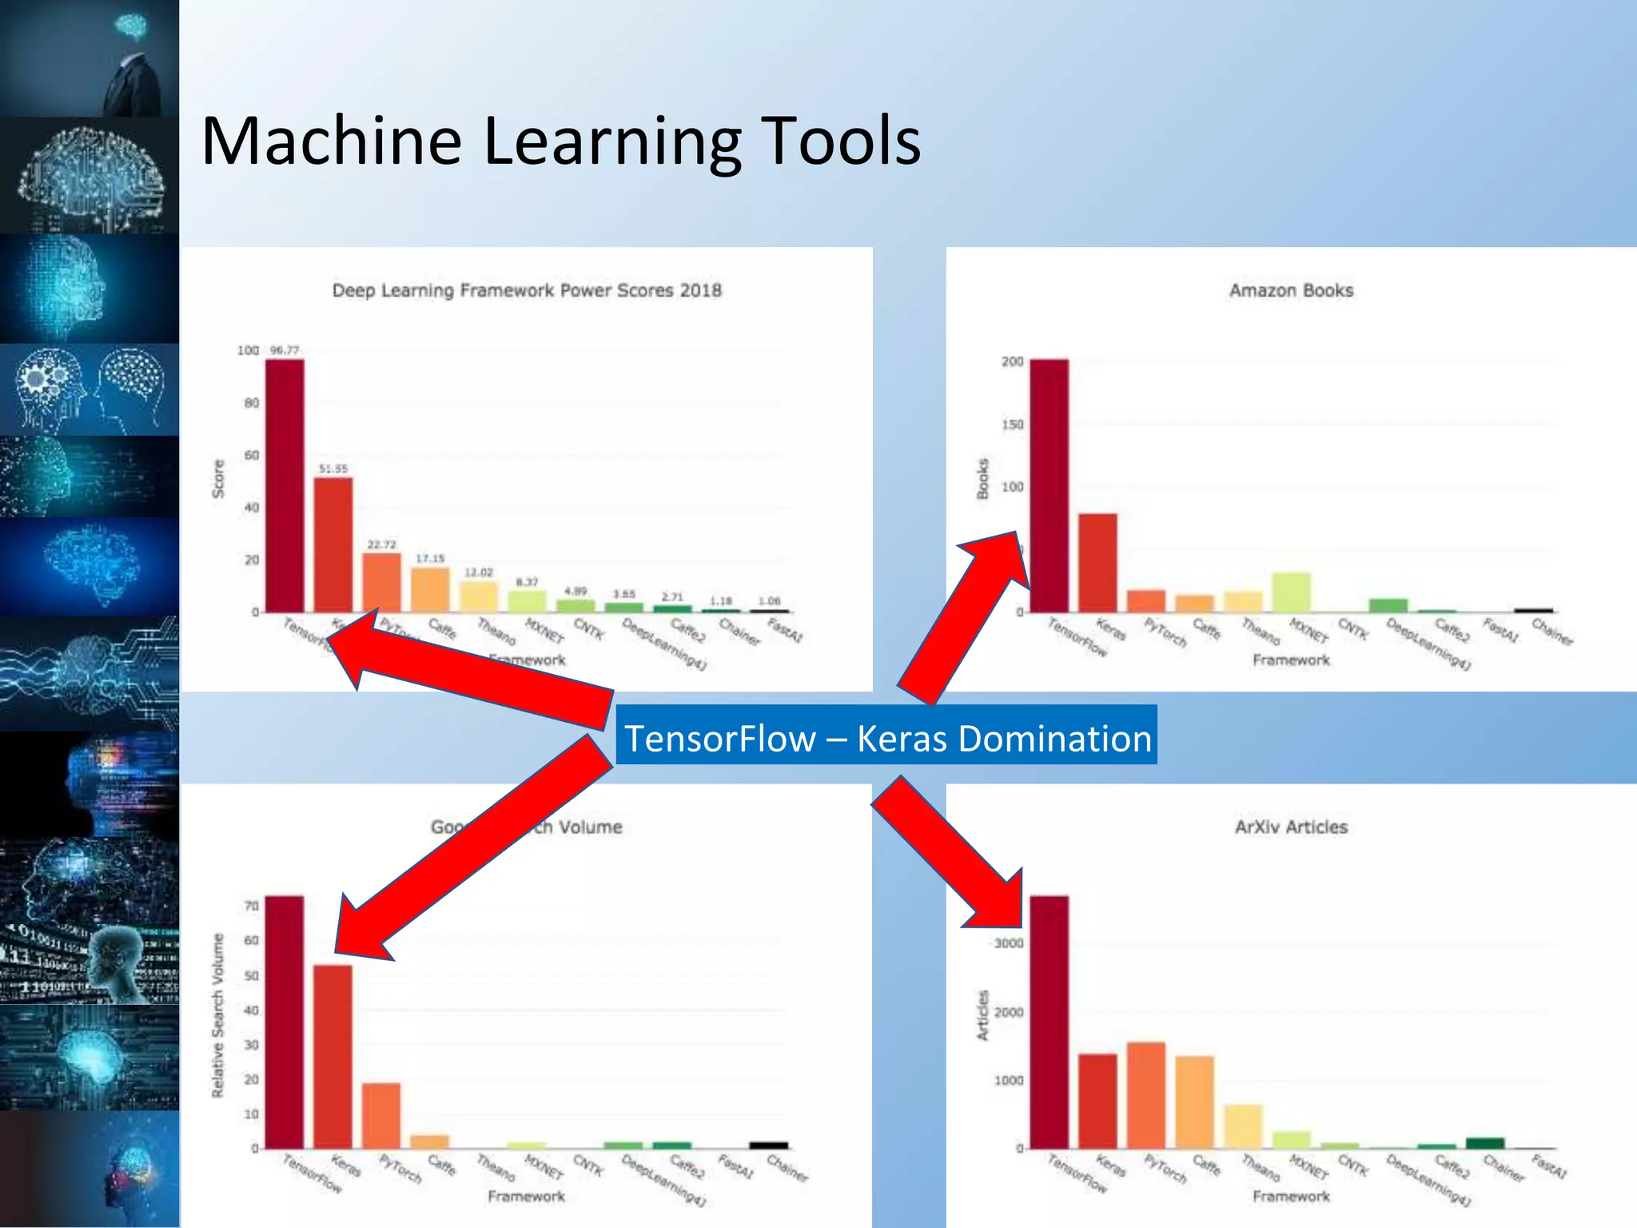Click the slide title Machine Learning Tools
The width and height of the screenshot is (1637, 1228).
pos(560,142)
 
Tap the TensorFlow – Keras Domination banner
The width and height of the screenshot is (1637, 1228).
pos(886,737)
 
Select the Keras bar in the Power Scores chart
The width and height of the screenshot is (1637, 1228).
pos(333,544)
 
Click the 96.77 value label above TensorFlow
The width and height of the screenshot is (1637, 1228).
pos(285,350)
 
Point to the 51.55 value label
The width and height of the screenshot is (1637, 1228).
pos(333,468)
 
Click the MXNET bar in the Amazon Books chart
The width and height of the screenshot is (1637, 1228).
pos(1292,592)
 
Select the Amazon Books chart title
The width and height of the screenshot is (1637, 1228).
pos(1291,290)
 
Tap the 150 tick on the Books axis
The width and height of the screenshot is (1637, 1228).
pos(1012,425)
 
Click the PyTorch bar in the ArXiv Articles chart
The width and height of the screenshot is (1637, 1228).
pos(1146,1095)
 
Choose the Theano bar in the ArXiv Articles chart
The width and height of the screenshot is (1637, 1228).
pos(1243,1126)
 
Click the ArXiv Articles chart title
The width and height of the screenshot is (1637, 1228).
pos(1291,827)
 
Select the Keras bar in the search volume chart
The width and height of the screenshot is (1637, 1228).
pos(333,1056)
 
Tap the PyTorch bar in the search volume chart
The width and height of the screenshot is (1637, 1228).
pos(381,1115)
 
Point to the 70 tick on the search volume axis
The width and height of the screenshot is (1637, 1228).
pos(251,906)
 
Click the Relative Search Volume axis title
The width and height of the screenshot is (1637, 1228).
pos(217,1015)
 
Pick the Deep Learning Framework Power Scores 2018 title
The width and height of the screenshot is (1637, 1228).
pos(527,290)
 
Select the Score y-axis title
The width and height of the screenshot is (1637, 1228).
pos(217,478)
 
